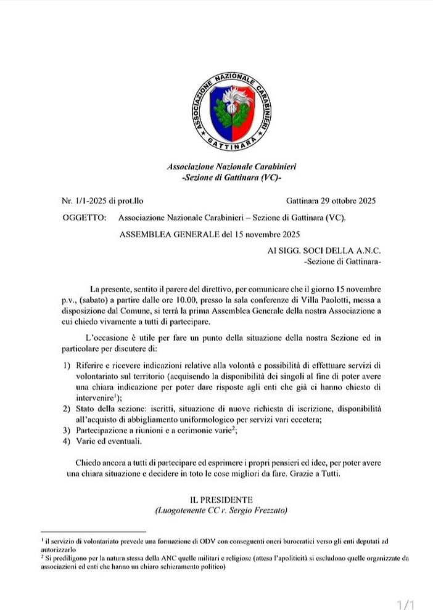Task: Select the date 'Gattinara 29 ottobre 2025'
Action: (x=331, y=201)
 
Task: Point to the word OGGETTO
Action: (x=85, y=218)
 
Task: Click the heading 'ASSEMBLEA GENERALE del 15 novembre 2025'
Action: (x=210, y=234)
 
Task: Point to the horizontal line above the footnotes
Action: (x=93, y=531)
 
